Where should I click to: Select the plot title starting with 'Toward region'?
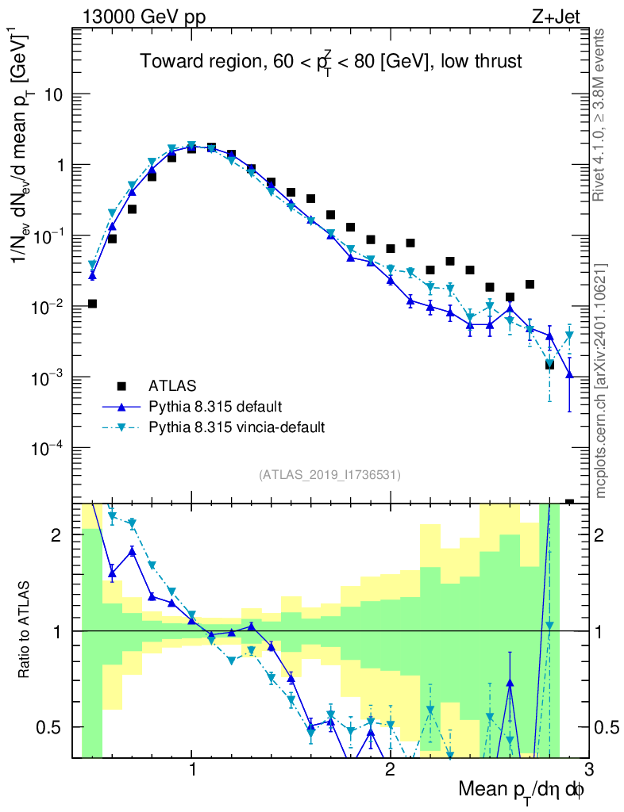[x=331, y=62]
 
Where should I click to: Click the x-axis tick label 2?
[x=390, y=769]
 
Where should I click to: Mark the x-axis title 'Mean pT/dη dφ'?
[x=522, y=791]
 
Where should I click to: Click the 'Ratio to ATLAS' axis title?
[x=25, y=631]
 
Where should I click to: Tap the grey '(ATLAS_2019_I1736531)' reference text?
[x=329, y=475]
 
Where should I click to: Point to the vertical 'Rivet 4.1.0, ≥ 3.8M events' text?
[x=600, y=115]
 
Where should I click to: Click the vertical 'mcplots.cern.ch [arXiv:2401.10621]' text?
[x=600, y=381]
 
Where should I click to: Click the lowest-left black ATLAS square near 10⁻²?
[x=92, y=304]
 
